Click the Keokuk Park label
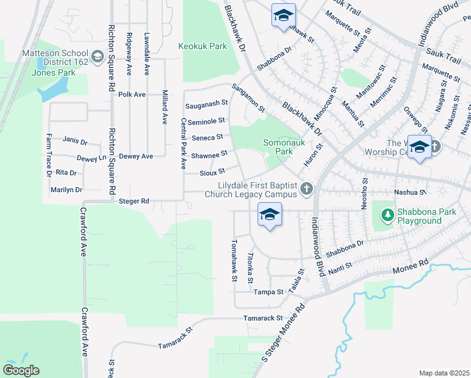pyautogui.click(x=202, y=46)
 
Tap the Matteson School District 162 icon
pyautogui.click(x=97, y=58)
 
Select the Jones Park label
pyautogui.click(x=54, y=72)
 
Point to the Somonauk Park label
pyautogui.click(x=278, y=147)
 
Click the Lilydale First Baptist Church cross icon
pyautogui.click(x=307, y=188)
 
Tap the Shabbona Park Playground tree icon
pyautogui.click(x=387, y=215)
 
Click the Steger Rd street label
pyautogui.click(x=133, y=201)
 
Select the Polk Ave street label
pyautogui.click(x=132, y=94)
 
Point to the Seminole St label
pyautogui.click(x=206, y=120)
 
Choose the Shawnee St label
pyautogui.click(x=209, y=154)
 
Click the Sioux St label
pyautogui.click(x=212, y=171)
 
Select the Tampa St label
pyautogui.click(x=268, y=292)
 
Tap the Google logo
pyautogui.click(x=21, y=370)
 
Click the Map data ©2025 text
pyautogui.click(x=444, y=373)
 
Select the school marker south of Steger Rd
pyautogui.click(x=270, y=216)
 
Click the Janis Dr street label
pyautogui.click(x=75, y=142)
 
